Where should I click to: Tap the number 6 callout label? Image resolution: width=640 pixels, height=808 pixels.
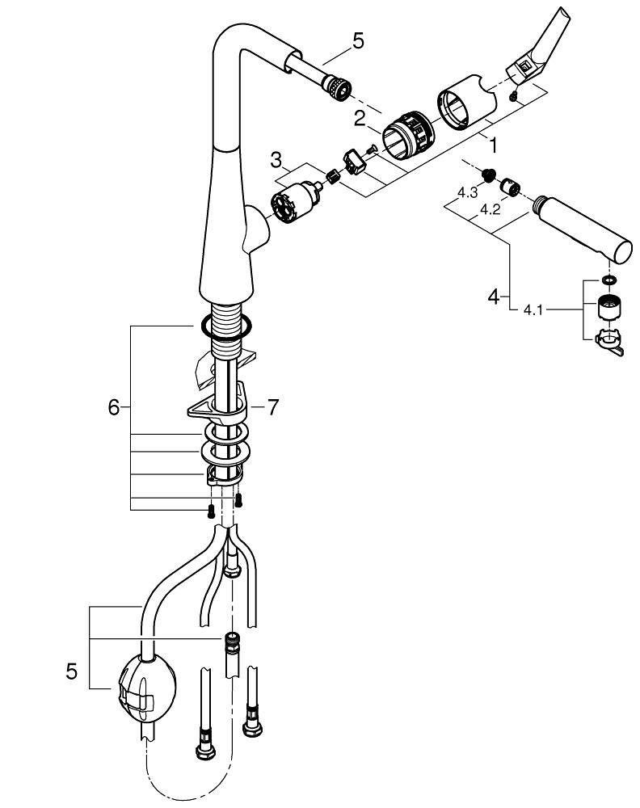tap(113, 408)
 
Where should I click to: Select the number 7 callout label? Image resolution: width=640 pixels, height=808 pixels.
tap(272, 408)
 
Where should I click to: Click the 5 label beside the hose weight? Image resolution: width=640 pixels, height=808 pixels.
tap(72, 671)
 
